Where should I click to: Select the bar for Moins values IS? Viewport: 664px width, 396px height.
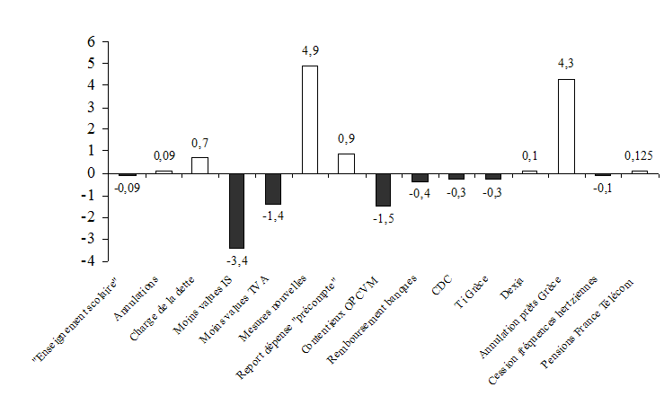pyautogui.click(x=236, y=211)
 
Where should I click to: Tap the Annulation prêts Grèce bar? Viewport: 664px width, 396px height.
pyautogui.click(x=566, y=126)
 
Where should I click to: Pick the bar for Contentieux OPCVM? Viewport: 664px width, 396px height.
pyautogui.click(x=383, y=189)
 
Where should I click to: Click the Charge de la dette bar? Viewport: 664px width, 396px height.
pyautogui.click(x=199, y=165)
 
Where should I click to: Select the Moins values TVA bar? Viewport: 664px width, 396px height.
pyautogui.click(x=273, y=189)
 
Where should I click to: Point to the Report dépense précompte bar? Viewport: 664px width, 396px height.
pyautogui.click(x=346, y=163)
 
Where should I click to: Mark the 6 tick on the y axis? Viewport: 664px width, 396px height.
pyautogui.click(x=90, y=41)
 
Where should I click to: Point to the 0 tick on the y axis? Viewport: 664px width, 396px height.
pyautogui.click(x=90, y=173)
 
